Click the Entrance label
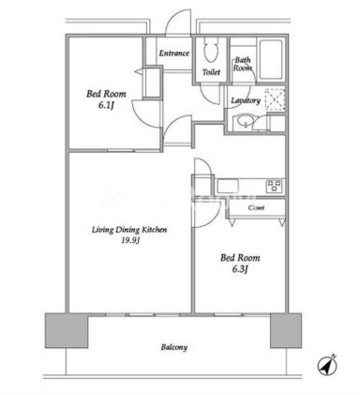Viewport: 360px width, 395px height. [x=174, y=53]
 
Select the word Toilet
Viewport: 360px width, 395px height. [x=211, y=72]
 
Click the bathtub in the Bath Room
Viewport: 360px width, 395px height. [x=271, y=59]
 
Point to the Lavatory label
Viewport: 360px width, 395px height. [x=246, y=100]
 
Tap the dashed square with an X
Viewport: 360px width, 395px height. [x=275, y=99]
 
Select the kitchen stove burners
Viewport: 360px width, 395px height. [x=275, y=186]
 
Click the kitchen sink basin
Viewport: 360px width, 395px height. [x=228, y=186]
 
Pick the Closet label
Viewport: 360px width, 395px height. [x=256, y=207]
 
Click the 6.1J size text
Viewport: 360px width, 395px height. [x=106, y=105]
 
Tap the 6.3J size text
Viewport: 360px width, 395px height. [x=240, y=269]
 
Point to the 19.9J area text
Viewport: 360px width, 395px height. [x=130, y=240]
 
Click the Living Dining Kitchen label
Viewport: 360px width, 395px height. [x=129, y=230]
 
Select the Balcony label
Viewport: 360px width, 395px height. [x=174, y=347]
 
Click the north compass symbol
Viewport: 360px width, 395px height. [x=327, y=365]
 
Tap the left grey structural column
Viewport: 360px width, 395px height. [x=67, y=330]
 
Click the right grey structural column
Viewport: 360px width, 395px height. [x=286, y=330]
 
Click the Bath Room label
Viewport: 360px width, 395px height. [x=243, y=64]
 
